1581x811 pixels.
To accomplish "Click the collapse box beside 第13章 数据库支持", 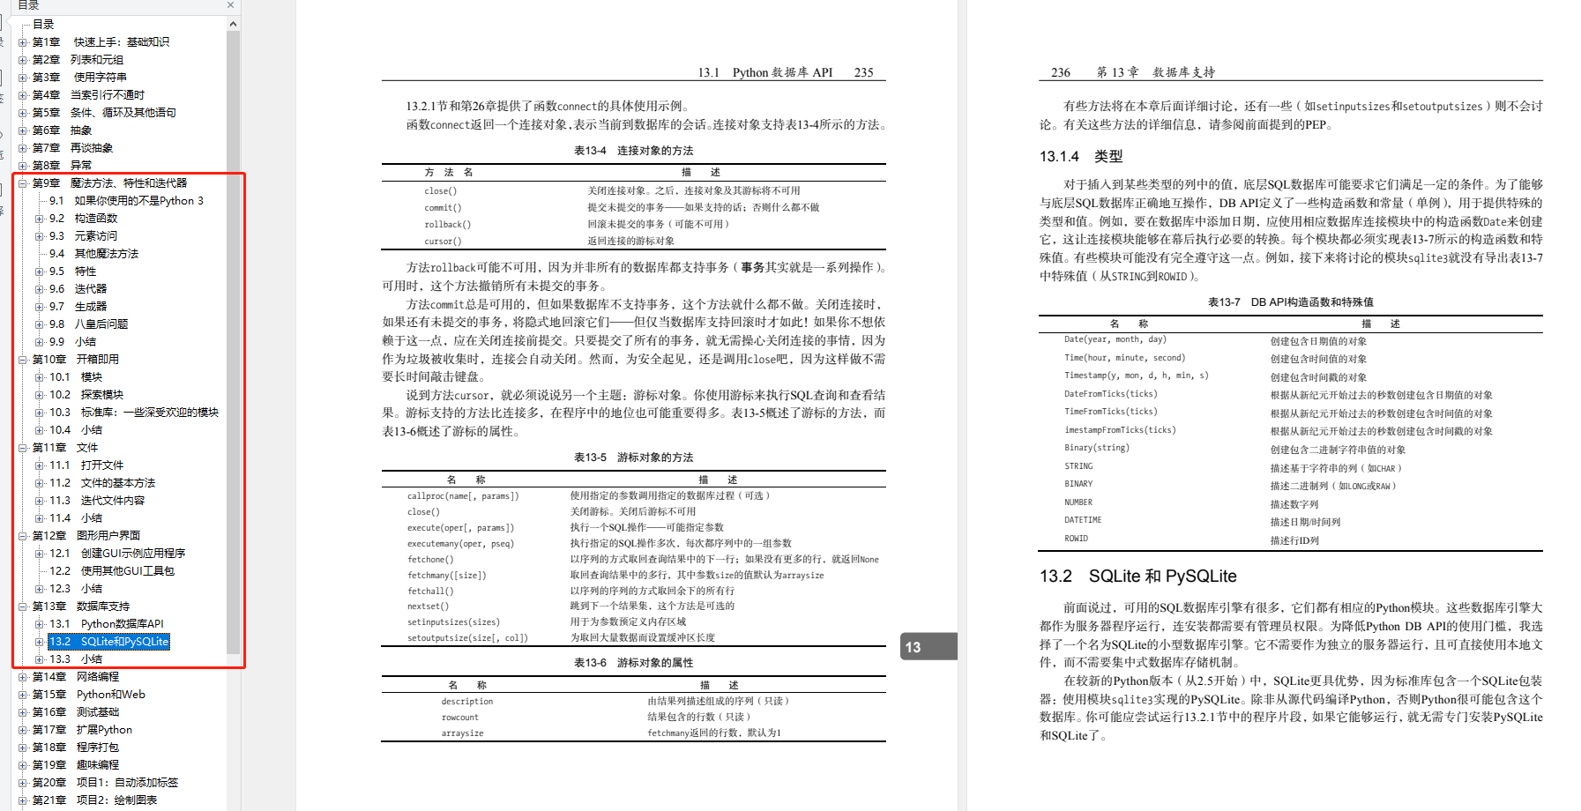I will [23, 606].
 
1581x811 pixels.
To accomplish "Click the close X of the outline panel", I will [231, 5].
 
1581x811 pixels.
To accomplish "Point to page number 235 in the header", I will [863, 72].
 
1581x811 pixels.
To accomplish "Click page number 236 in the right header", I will [1061, 72].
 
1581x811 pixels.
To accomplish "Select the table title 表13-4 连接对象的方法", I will [633, 151].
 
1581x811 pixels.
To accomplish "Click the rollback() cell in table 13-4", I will [447, 225].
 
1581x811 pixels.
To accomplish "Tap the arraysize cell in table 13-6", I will [462, 733].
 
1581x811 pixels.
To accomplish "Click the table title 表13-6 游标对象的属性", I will [633, 663].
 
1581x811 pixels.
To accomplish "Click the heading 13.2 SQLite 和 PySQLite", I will [1137, 577].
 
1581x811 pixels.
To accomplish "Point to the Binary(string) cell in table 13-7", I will [1096, 448].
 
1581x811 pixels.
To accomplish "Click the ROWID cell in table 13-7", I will [1076, 539].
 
